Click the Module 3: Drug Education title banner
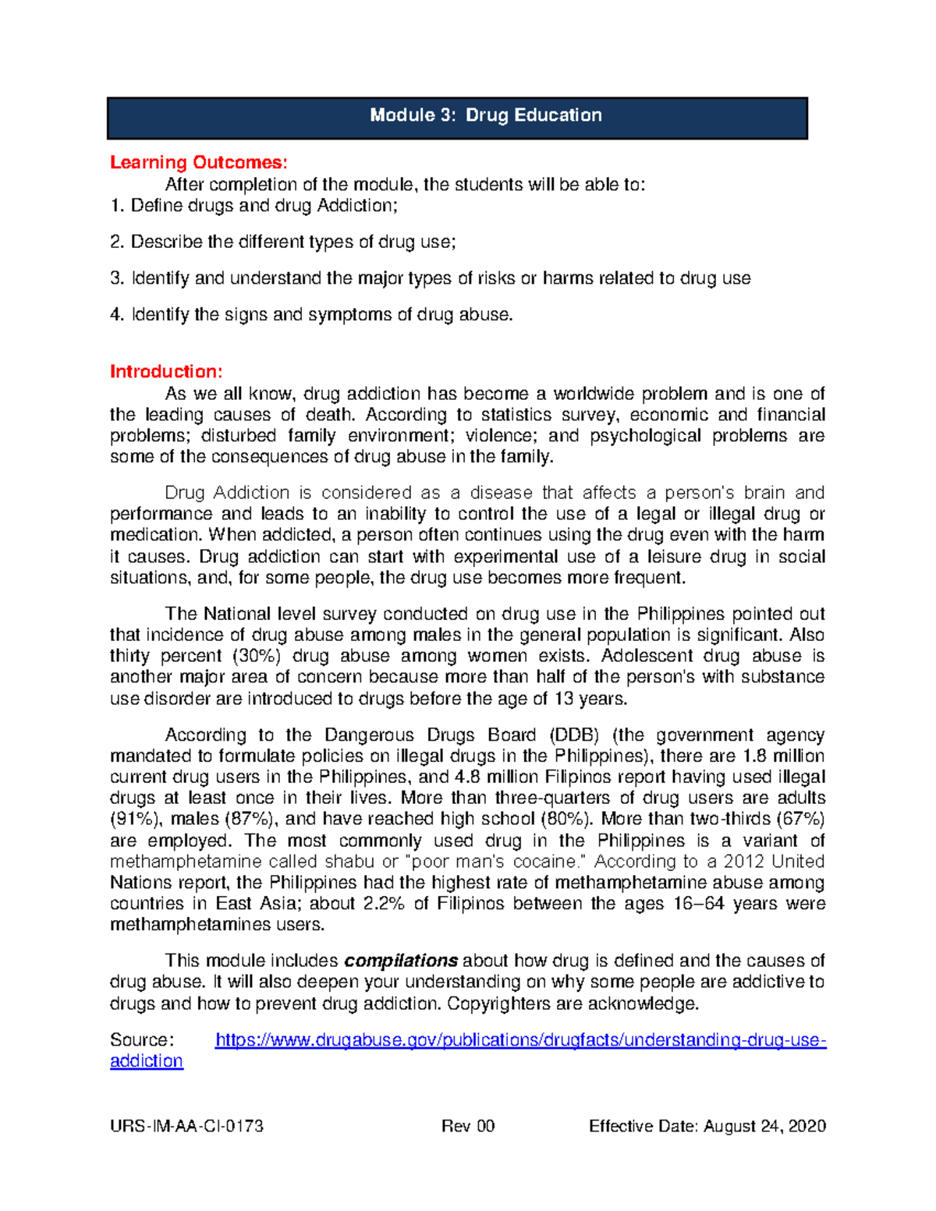point(457,117)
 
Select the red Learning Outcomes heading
point(198,162)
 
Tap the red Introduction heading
point(166,371)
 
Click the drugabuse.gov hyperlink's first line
point(520,1040)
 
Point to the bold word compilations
point(401,961)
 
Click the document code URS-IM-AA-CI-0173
point(186,1126)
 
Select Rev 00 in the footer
point(468,1126)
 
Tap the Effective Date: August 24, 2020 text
point(707,1126)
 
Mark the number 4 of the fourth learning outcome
point(116,315)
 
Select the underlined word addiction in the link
point(147,1061)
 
